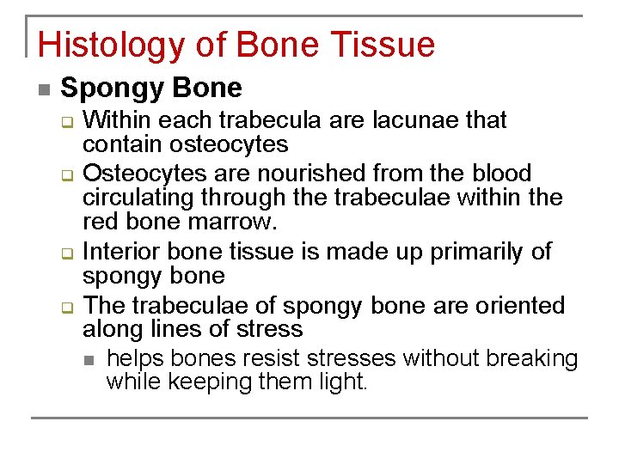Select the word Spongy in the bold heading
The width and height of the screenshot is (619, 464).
pos(112,88)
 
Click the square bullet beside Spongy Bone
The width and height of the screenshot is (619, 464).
pos(43,89)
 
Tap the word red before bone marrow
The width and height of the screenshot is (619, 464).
pos(98,223)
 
